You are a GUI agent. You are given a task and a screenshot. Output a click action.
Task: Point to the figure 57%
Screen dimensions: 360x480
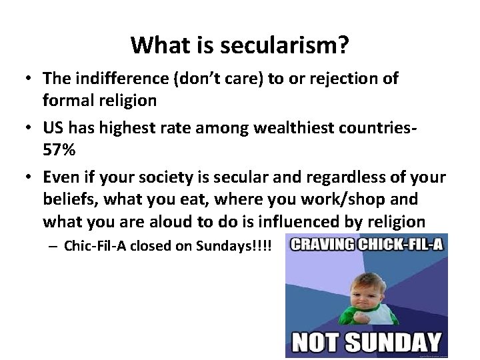click(x=59, y=150)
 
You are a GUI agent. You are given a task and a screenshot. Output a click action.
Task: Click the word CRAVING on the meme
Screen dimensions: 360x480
click(x=320, y=245)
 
